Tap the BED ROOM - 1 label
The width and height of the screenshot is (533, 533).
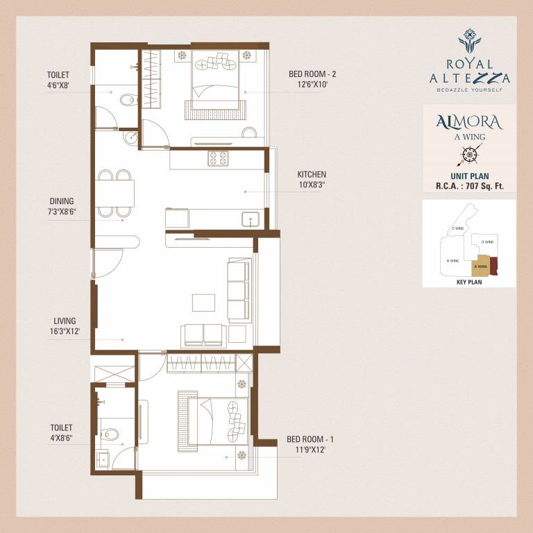pyautogui.click(x=310, y=439)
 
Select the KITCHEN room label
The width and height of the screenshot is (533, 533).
pyautogui.click(x=312, y=174)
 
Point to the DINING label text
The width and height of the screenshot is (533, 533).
pyautogui.click(x=60, y=201)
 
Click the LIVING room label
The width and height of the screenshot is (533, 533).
pyautogui.click(x=64, y=321)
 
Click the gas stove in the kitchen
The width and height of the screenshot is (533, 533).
pyautogui.click(x=217, y=158)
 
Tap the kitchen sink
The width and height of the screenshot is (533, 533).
pyautogui.click(x=251, y=219)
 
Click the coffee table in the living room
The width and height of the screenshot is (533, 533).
pyautogui.click(x=203, y=303)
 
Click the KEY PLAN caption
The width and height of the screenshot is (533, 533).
pyautogui.click(x=469, y=282)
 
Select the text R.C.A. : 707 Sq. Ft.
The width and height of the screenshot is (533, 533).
pyautogui.click(x=468, y=186)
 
